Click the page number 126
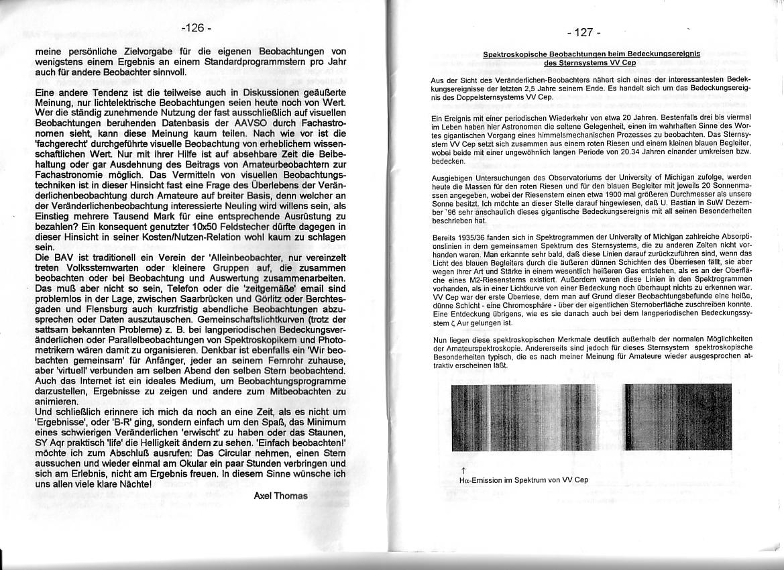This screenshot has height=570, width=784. [x=196, y=28]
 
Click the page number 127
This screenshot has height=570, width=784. [x=583, y=33]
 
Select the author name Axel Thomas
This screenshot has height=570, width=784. [x=281, y=496]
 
